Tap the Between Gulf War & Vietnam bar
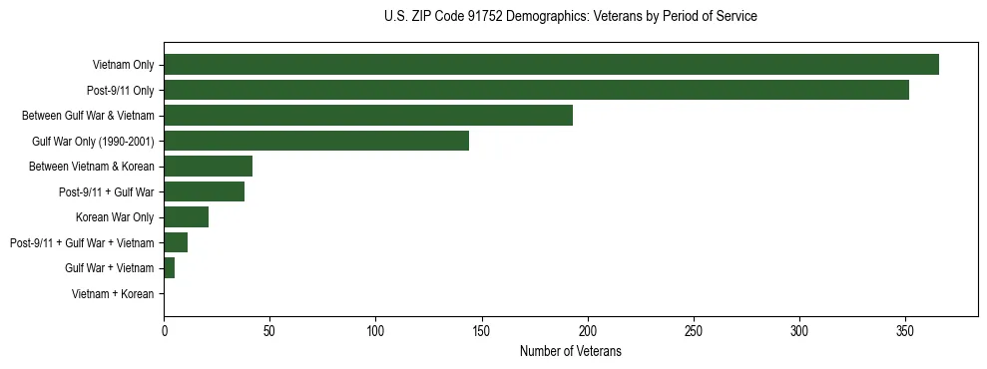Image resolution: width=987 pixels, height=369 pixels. pyautogui.click(x=368, y=116)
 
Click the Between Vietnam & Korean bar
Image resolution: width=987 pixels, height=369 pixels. pyautogui.click(x=208, y=167)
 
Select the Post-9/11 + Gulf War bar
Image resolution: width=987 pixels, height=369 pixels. pyautogui.click(x=204, y=191)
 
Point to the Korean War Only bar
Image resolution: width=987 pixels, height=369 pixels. pyautogui.click(x=186, y=217)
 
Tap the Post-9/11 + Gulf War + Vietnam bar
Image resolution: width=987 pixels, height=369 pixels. pyautogui.click(x=176, y=242)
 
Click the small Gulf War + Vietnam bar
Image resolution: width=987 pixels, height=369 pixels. pyautogui.click(x=169, y=268)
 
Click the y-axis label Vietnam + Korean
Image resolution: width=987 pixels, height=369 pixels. pyautogui.click(x=113, y=294)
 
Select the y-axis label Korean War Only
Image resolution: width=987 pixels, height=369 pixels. pyautogui.click(x=115, y=217)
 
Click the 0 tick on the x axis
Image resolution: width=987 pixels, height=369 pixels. pyautogui.click(x=164, y=331)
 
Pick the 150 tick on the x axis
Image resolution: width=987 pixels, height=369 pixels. pyautogui.click(x=481, y=331)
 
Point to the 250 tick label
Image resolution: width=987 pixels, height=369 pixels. pyautogui.click(x=694, y=331)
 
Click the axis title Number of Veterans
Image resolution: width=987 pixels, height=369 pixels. pyautogui.click(x=570, y=351)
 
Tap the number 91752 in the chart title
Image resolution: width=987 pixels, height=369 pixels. pyautogui.click(x=484, y=17)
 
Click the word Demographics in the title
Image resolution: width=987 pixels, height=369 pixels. pyautogui.click(x=545, y=17)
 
